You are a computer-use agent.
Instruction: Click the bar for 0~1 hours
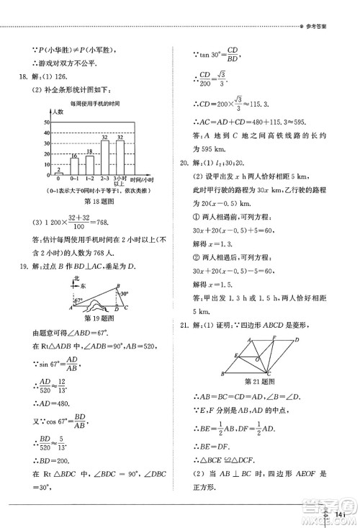[74, 167]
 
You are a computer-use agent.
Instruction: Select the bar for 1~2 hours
[89, 166]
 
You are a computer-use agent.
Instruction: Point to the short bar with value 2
[59, 174]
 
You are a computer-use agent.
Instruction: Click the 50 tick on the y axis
[48, 122]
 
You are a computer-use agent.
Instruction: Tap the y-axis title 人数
[58, 112]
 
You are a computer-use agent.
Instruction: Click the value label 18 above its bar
[89, 151]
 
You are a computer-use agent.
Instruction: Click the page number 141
[341, 513]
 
